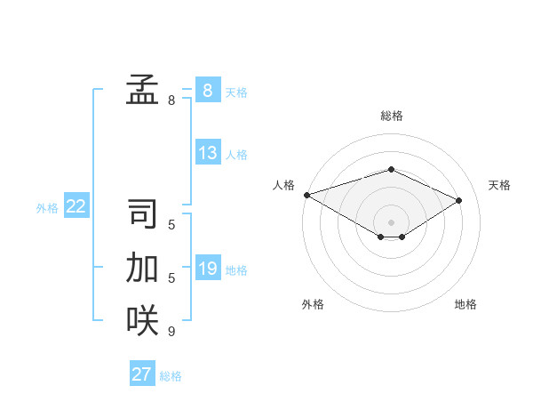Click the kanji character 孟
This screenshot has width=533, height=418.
pos(142,90)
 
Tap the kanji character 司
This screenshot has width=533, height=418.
pos(142,214)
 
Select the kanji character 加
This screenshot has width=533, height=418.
pos(142,268)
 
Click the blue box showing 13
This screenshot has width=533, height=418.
pos(208,153)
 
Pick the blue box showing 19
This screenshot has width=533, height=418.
pos(208,269)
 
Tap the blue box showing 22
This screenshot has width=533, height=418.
pos(76,206)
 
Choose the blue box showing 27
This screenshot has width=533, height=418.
pos(142,374)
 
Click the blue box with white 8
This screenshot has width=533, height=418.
pos(208,91)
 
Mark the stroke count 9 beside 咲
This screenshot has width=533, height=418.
pos(171,332)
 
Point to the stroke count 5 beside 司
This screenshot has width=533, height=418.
pos(171,225)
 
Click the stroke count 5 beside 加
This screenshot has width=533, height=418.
pos(171,278)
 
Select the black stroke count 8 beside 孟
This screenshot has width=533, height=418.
pos(171,100)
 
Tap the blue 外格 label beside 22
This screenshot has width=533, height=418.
pos(47,208)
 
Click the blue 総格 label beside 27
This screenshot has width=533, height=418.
pos(171,376)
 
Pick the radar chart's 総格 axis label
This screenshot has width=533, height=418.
pos(391,116)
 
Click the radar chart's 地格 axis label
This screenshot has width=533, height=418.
pos(465,304)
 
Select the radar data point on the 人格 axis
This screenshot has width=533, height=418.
pos(306,194)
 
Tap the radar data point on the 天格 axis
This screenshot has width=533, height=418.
pos(459,200)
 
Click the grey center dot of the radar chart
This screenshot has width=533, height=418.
pos(391,221)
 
